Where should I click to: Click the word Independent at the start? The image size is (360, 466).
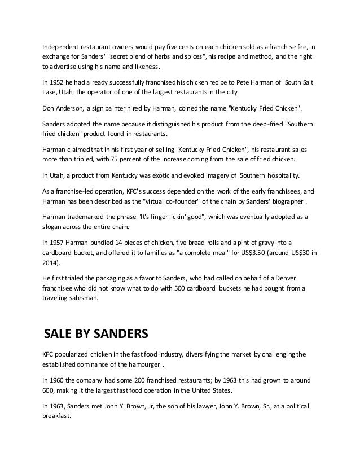point(62,46)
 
